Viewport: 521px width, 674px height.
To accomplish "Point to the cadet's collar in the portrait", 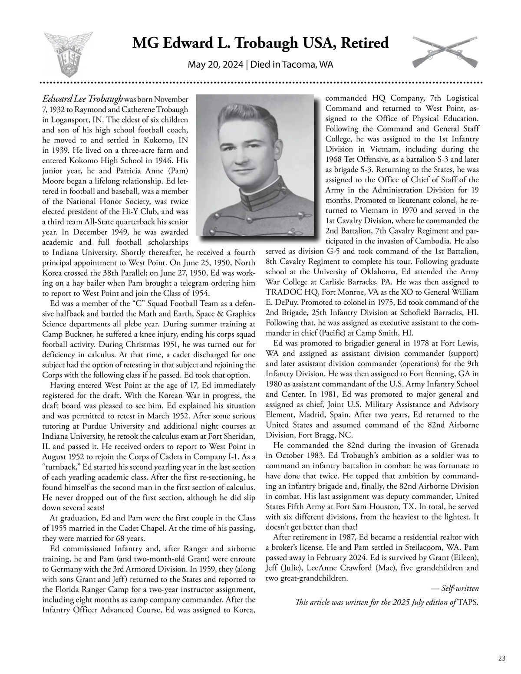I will coord(257,200).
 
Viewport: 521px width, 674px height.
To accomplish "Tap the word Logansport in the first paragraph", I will coord(68,119).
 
